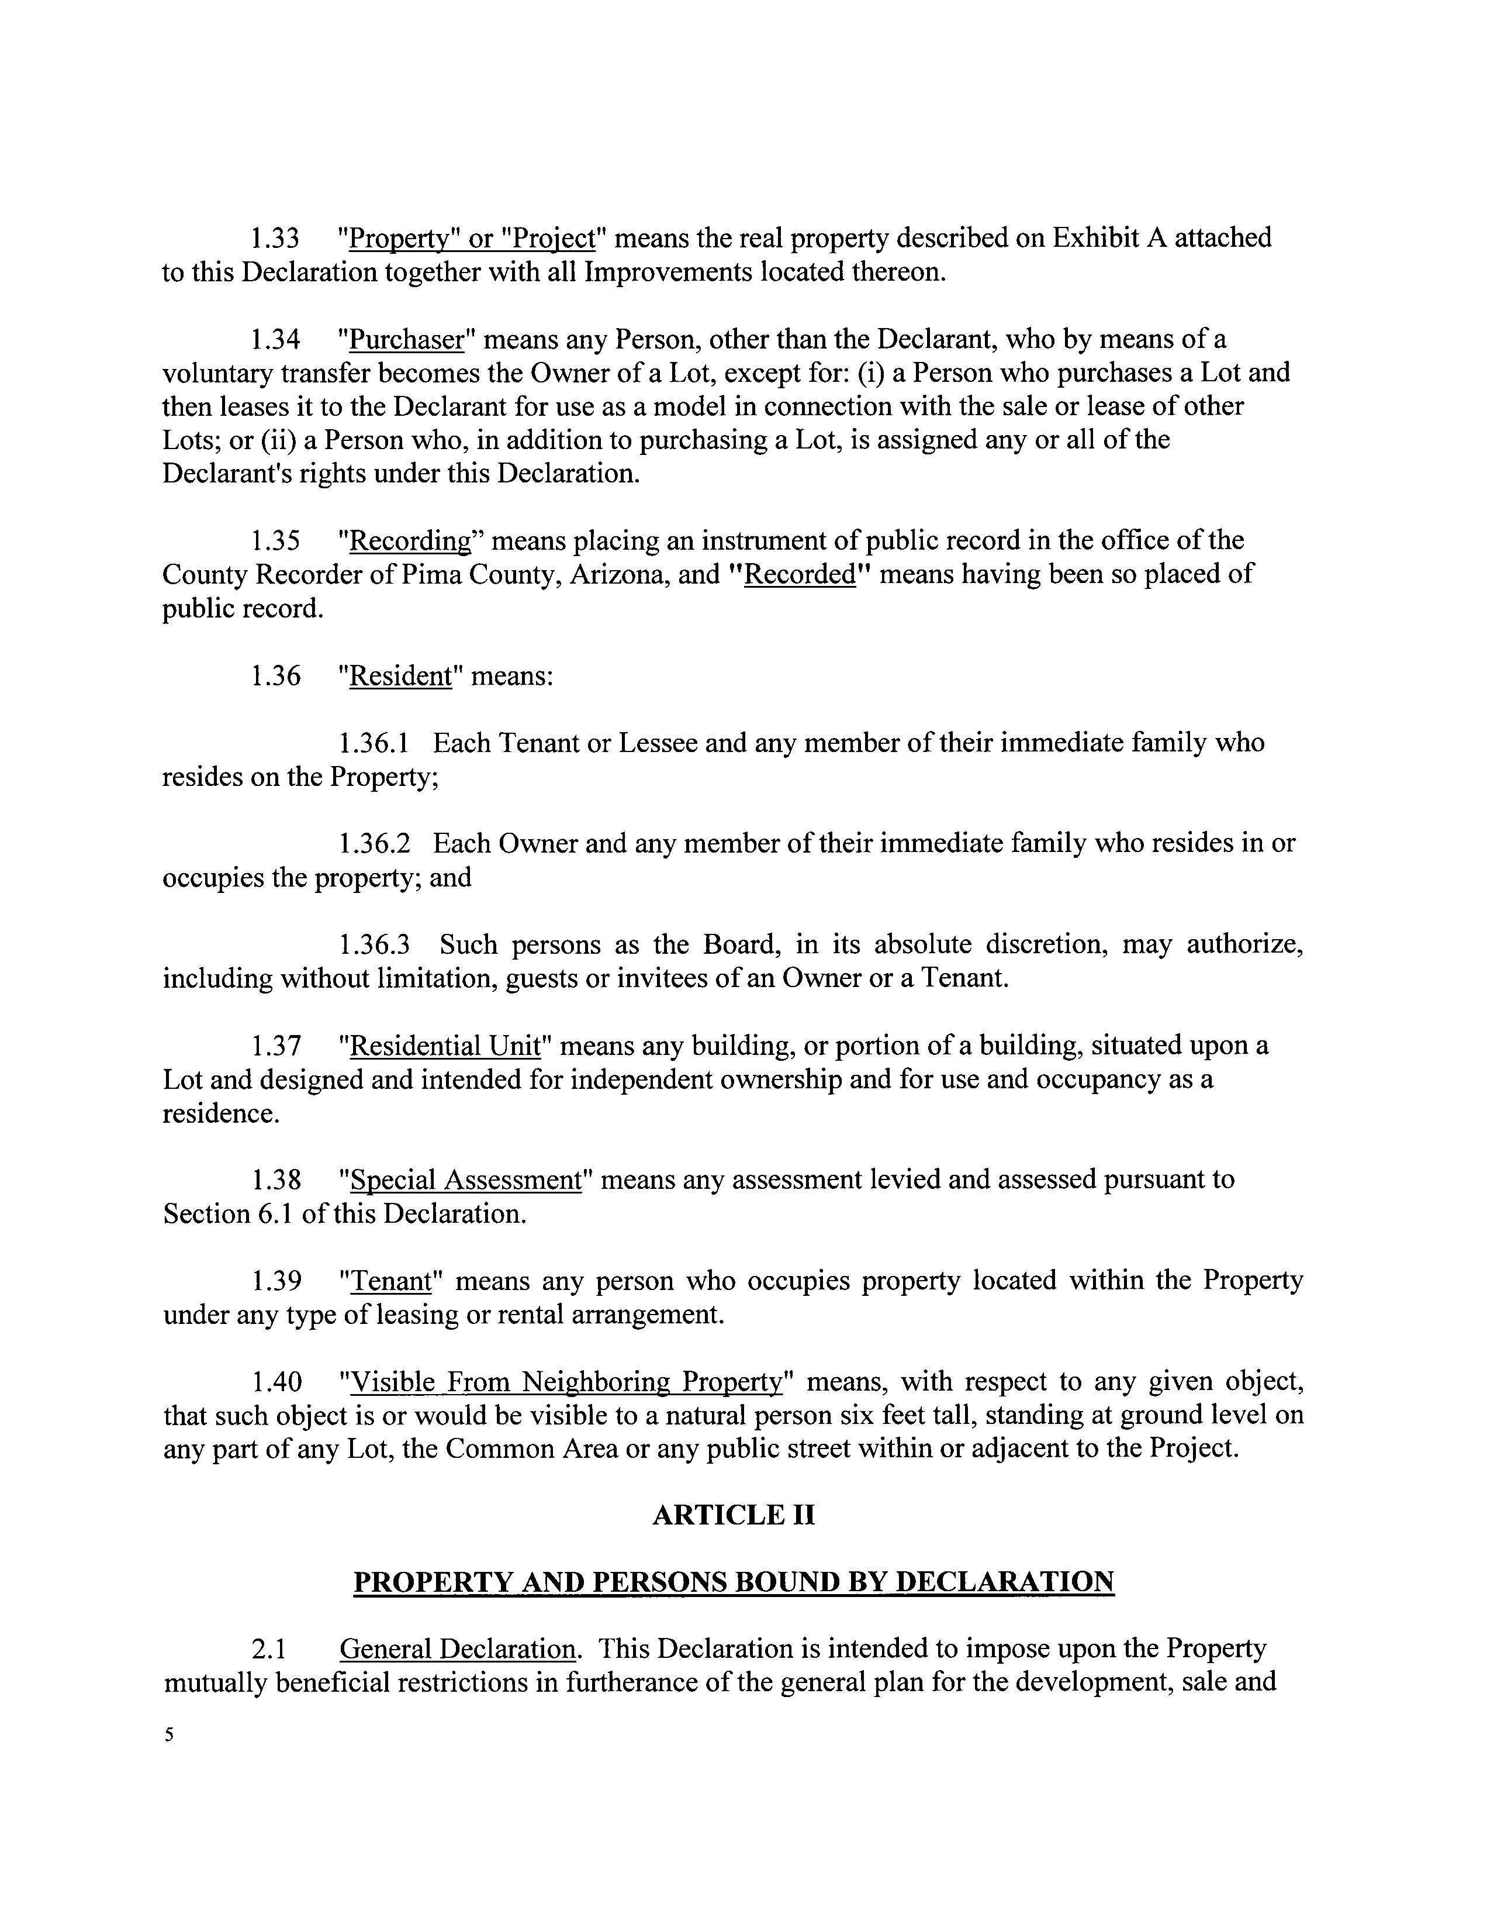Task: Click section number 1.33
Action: click(275, 239)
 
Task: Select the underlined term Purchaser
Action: click(407, 340)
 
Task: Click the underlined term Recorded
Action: click(800, 575)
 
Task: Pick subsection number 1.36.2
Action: click(374, 844)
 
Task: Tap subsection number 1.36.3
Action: click(374, 946)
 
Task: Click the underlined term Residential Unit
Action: click(445, 1046)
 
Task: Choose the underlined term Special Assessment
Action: click(466, 1180)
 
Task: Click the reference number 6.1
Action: click(276, 1215)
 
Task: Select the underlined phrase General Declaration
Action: click(457, 1649)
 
